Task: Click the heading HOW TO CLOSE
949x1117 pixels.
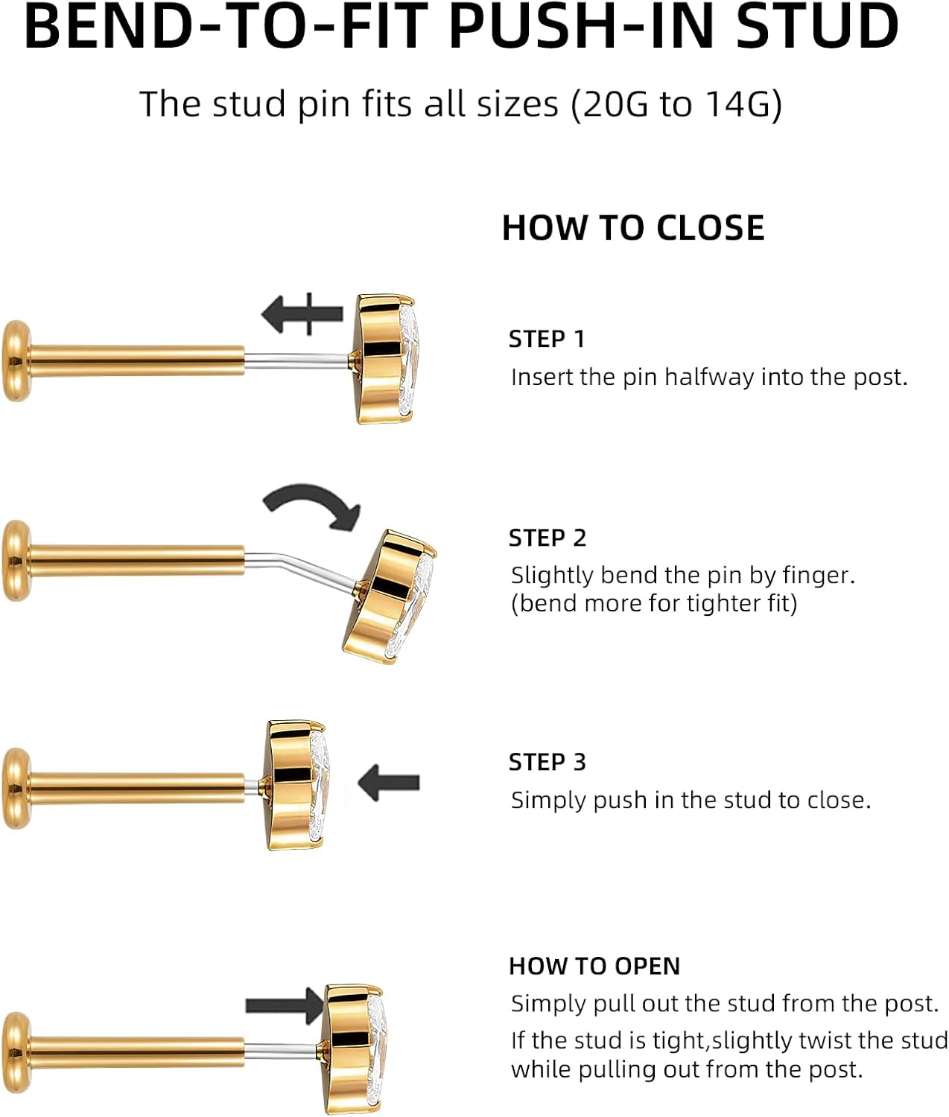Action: pyautogui.click(x=633, y=228)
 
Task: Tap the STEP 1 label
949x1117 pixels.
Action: pyautogui.click(x=547, y=340)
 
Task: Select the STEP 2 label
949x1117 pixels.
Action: pyautogui.click(x=547, y=538)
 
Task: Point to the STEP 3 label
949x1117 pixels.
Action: pyautogui.click(x=547, y=763)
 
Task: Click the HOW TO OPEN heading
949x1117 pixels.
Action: pyautogui.click(x=594, y=967)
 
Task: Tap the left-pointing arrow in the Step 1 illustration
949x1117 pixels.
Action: pyautogui.click(x=302, y=314)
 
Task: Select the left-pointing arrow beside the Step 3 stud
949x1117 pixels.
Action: pyautogui.click(x=388, y=783)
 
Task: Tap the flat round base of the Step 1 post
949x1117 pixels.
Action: pyautogui.click(x=16, y=361)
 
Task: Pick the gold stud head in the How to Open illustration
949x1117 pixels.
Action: pyautogui.click(x=355, y=1048)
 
